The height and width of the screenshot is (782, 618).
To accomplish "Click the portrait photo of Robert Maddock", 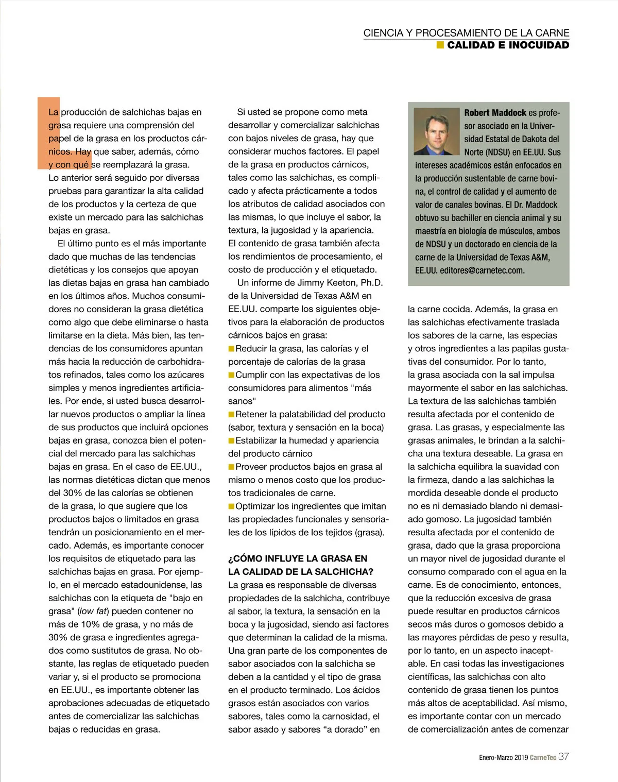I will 437,131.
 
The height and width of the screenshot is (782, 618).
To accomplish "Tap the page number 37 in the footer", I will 564,757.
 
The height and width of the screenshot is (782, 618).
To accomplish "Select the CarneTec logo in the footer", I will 543,757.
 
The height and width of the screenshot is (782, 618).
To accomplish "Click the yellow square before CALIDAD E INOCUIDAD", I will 440,45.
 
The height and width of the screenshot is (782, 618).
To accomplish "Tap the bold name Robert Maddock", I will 495,112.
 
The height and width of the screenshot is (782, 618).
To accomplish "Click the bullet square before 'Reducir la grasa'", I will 231,349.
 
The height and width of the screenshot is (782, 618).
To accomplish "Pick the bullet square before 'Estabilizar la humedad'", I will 231,440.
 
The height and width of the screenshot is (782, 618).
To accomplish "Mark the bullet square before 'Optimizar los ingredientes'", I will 231,506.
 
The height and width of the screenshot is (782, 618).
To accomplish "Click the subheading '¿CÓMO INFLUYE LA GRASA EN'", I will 298,558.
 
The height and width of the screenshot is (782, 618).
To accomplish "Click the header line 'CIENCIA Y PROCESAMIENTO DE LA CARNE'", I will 466,33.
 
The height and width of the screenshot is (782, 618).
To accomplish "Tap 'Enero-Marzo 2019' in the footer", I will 503,758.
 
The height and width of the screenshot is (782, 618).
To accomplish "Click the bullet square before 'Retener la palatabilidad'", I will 231,414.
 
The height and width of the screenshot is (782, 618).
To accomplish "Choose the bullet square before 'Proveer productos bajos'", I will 231,467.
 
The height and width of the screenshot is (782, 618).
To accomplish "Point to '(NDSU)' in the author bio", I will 494,152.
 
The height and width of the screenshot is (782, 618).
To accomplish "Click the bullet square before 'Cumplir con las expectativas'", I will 231,375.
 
